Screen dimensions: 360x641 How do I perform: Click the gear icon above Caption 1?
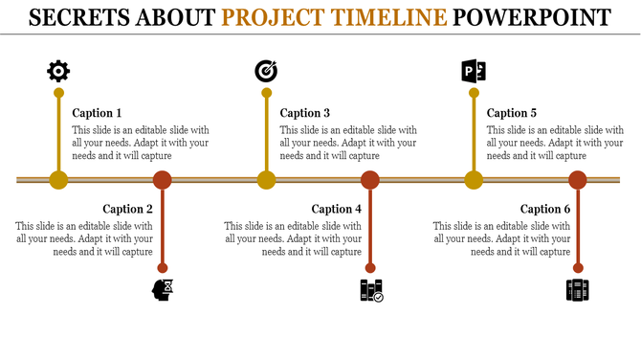pyautogui.click(x=58, y=70)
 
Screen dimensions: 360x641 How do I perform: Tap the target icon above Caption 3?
pyautogui.click(x=266, y=70)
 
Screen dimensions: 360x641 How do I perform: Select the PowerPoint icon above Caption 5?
pyautogui.click(x=474, y=70)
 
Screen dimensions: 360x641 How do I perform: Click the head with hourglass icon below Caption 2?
pyautogui.click(x=164, y=289)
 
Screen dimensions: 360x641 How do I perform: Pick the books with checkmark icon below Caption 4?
pyautogui.click(x=371, y=290)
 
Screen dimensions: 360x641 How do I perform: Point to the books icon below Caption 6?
pyautogui.click(x=578, y=290)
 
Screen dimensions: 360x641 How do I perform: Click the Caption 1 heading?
pyautogui.click(x=98, y=113)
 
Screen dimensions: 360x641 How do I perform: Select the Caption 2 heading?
pyautogui.click(x=128, y=209)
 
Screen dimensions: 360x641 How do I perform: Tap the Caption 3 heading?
pyautogui.click(x=305, y=113)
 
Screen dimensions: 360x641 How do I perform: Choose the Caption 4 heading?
pyautogui.click(x=337, y=209)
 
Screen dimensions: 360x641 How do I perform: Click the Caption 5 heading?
pyautogui.click(x=512, y=113)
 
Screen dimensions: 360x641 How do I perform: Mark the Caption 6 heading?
pyautogui.click(x=545, y=209)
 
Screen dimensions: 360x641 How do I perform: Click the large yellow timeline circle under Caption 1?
pyautogui.click(x=58, y=179)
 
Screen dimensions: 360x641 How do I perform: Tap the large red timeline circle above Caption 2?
pyautogui.click(x=163, y=179)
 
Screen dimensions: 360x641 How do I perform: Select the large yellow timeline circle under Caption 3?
pyautogui.click(x=266, y=179)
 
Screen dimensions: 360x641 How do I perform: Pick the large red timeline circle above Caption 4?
pyautogui.click(x=370, y=179)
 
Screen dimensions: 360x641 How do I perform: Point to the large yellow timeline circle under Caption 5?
pyautogui.click(x=474, y=179)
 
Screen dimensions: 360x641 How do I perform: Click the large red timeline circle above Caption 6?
pyautogui.click(x=578, y=179)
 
